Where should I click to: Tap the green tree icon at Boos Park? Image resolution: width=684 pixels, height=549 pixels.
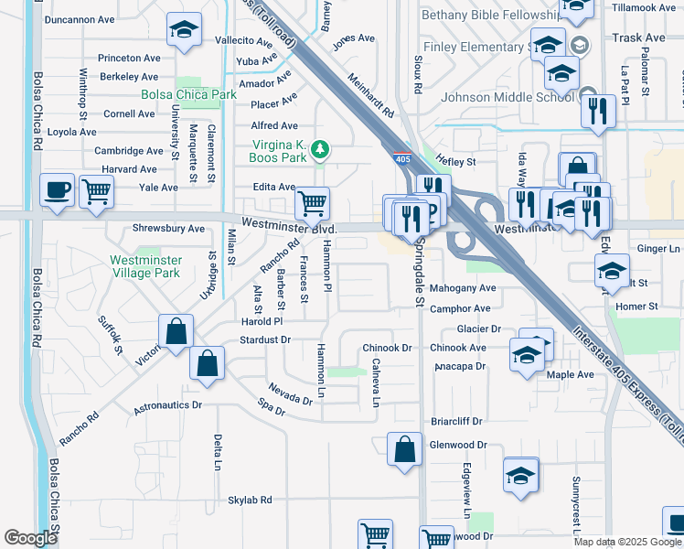[319, 148]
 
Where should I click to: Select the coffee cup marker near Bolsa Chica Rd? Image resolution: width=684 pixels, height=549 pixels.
[57, 189]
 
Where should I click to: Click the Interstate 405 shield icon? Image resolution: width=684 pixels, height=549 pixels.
[403, 159]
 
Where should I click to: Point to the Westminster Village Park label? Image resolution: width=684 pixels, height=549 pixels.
[145, 266]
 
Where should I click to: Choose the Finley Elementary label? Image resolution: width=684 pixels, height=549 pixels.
[472, 47]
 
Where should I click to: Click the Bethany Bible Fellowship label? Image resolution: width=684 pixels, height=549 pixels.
[491, 16]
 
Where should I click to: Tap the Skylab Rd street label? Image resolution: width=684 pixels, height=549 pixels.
[250, 500]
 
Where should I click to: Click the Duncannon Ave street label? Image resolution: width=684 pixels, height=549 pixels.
[80, 19]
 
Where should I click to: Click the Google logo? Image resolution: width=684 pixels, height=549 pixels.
[30, 538]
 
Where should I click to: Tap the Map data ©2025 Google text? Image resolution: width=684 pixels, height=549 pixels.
[626, 542]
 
